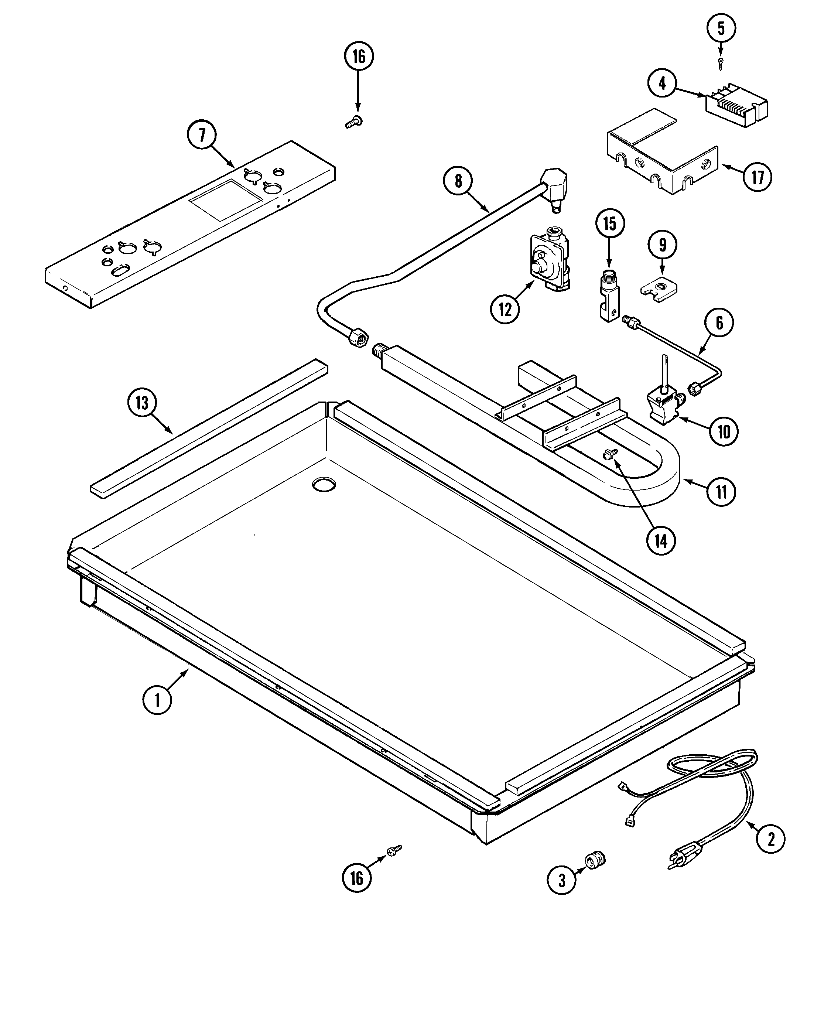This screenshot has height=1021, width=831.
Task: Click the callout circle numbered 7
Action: (x=202, y=136)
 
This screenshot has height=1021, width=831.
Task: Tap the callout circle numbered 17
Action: (x=757, y=178)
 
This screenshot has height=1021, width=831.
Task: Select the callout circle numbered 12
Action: (x=505, y=310)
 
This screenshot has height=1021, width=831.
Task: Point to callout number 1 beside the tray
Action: (x=157, y=700)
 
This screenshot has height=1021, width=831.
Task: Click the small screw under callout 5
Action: (x=721, y=63)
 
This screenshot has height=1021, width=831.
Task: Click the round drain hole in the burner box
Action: (x=324, y=484)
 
